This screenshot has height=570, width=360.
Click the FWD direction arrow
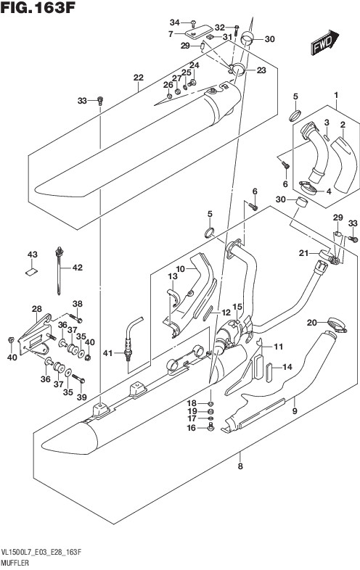point(324,42)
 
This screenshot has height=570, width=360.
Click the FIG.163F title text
point(38,8)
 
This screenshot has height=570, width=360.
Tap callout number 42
point(77,268)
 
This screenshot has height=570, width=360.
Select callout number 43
point(33,255)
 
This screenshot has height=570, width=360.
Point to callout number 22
point(139,78)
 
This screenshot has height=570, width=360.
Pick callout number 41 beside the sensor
point(107,352)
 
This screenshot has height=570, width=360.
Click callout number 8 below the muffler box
point(240,466)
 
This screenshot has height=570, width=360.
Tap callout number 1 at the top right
point(336,95)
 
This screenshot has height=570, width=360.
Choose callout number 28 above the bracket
point(36,309)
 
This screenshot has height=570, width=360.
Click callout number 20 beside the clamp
point(312,322)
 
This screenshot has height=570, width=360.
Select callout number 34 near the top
point(175,22)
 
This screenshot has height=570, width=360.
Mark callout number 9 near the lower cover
point(295,411)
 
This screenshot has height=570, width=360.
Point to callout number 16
point(192,429)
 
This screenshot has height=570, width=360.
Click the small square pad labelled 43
point(32,271)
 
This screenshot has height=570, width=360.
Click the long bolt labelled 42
point(59,270)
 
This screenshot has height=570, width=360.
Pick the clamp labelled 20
point(337,325)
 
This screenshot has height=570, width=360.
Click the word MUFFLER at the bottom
point(15,563)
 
